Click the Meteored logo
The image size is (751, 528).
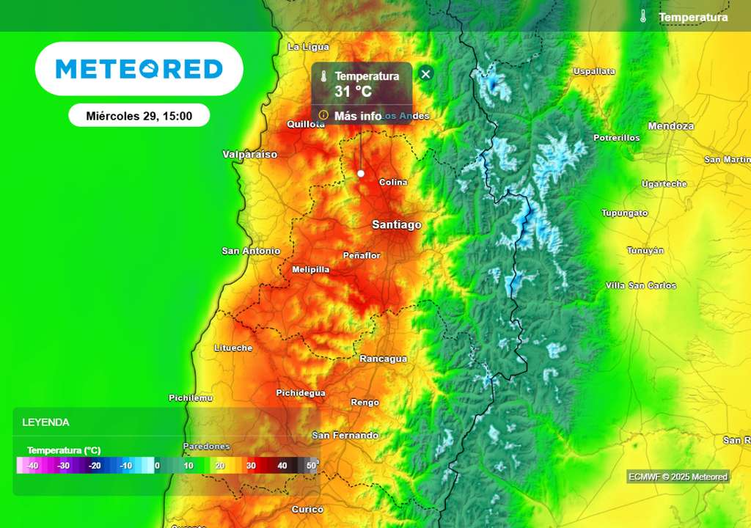tap(139, 69)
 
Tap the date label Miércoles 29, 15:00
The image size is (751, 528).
tap(139, 116)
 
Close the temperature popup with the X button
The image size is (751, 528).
tap(425, 73)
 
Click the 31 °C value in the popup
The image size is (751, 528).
tap(353, 92)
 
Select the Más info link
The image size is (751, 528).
tap(357, 116)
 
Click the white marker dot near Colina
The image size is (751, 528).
tap(361, 173)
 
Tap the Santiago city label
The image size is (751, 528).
tap(397, 224)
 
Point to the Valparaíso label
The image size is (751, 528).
tap(250, 155)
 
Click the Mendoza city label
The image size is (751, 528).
tap(671, 126)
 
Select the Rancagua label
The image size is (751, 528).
tap(383, 359)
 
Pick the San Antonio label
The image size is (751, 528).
tap(251, 251)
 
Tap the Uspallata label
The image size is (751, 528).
tap(593, 71)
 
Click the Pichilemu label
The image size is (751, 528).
tap(191, 397)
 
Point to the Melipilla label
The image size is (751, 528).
tap(311, 270)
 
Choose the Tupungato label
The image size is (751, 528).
tap(624, 213)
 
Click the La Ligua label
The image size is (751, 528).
tap(308, 47)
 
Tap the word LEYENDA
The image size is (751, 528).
tap(45, 422)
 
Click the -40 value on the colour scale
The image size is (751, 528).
tap(32, 466)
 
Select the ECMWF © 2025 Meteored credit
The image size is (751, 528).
tap(678, 477)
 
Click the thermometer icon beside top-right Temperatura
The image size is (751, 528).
tap(642, 17)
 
